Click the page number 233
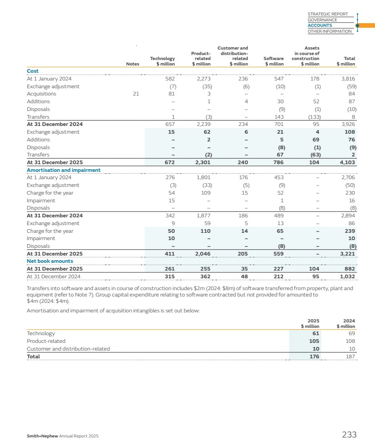(349, 435)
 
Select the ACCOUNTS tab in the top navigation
(320, 25)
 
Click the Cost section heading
(33, 71)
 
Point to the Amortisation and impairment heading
(64, 170)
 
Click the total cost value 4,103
(347, 162)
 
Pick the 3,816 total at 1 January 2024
(347, 79)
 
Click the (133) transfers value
(314, 116)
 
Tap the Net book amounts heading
(49, 261)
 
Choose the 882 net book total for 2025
(350, 269)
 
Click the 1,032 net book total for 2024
(347, 276)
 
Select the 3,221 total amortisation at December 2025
(347, 254)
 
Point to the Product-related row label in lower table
(46, 341)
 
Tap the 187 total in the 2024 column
(350, 357)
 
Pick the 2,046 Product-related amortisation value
(202, 254)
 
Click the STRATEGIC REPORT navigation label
(327, 14)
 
